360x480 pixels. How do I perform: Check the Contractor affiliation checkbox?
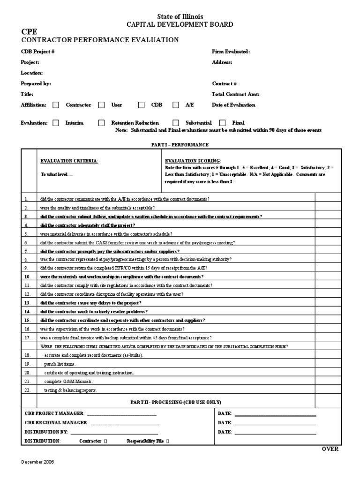click(56, 105)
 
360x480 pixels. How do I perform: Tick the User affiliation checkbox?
click(101, 105)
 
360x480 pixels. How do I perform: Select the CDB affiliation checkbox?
click(141, 105)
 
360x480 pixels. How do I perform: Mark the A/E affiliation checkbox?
click(176, 105)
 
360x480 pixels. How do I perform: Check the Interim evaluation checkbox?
click(56, 123)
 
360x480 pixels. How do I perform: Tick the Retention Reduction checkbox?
click(101, 123)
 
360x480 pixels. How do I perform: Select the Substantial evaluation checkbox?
click(176, 123)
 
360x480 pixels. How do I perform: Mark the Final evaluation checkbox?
click(222, 123)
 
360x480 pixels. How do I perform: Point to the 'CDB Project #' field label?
click(38, 52)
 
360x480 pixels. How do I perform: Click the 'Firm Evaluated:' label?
click(231, 52)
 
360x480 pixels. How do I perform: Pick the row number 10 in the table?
click(27, 277)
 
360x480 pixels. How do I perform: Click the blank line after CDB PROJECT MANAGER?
click(121, 413)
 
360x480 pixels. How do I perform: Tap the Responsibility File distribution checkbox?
click(168, 441)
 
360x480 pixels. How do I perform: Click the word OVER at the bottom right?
click(330, 449)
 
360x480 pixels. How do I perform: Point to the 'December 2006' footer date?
click(37, 462)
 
